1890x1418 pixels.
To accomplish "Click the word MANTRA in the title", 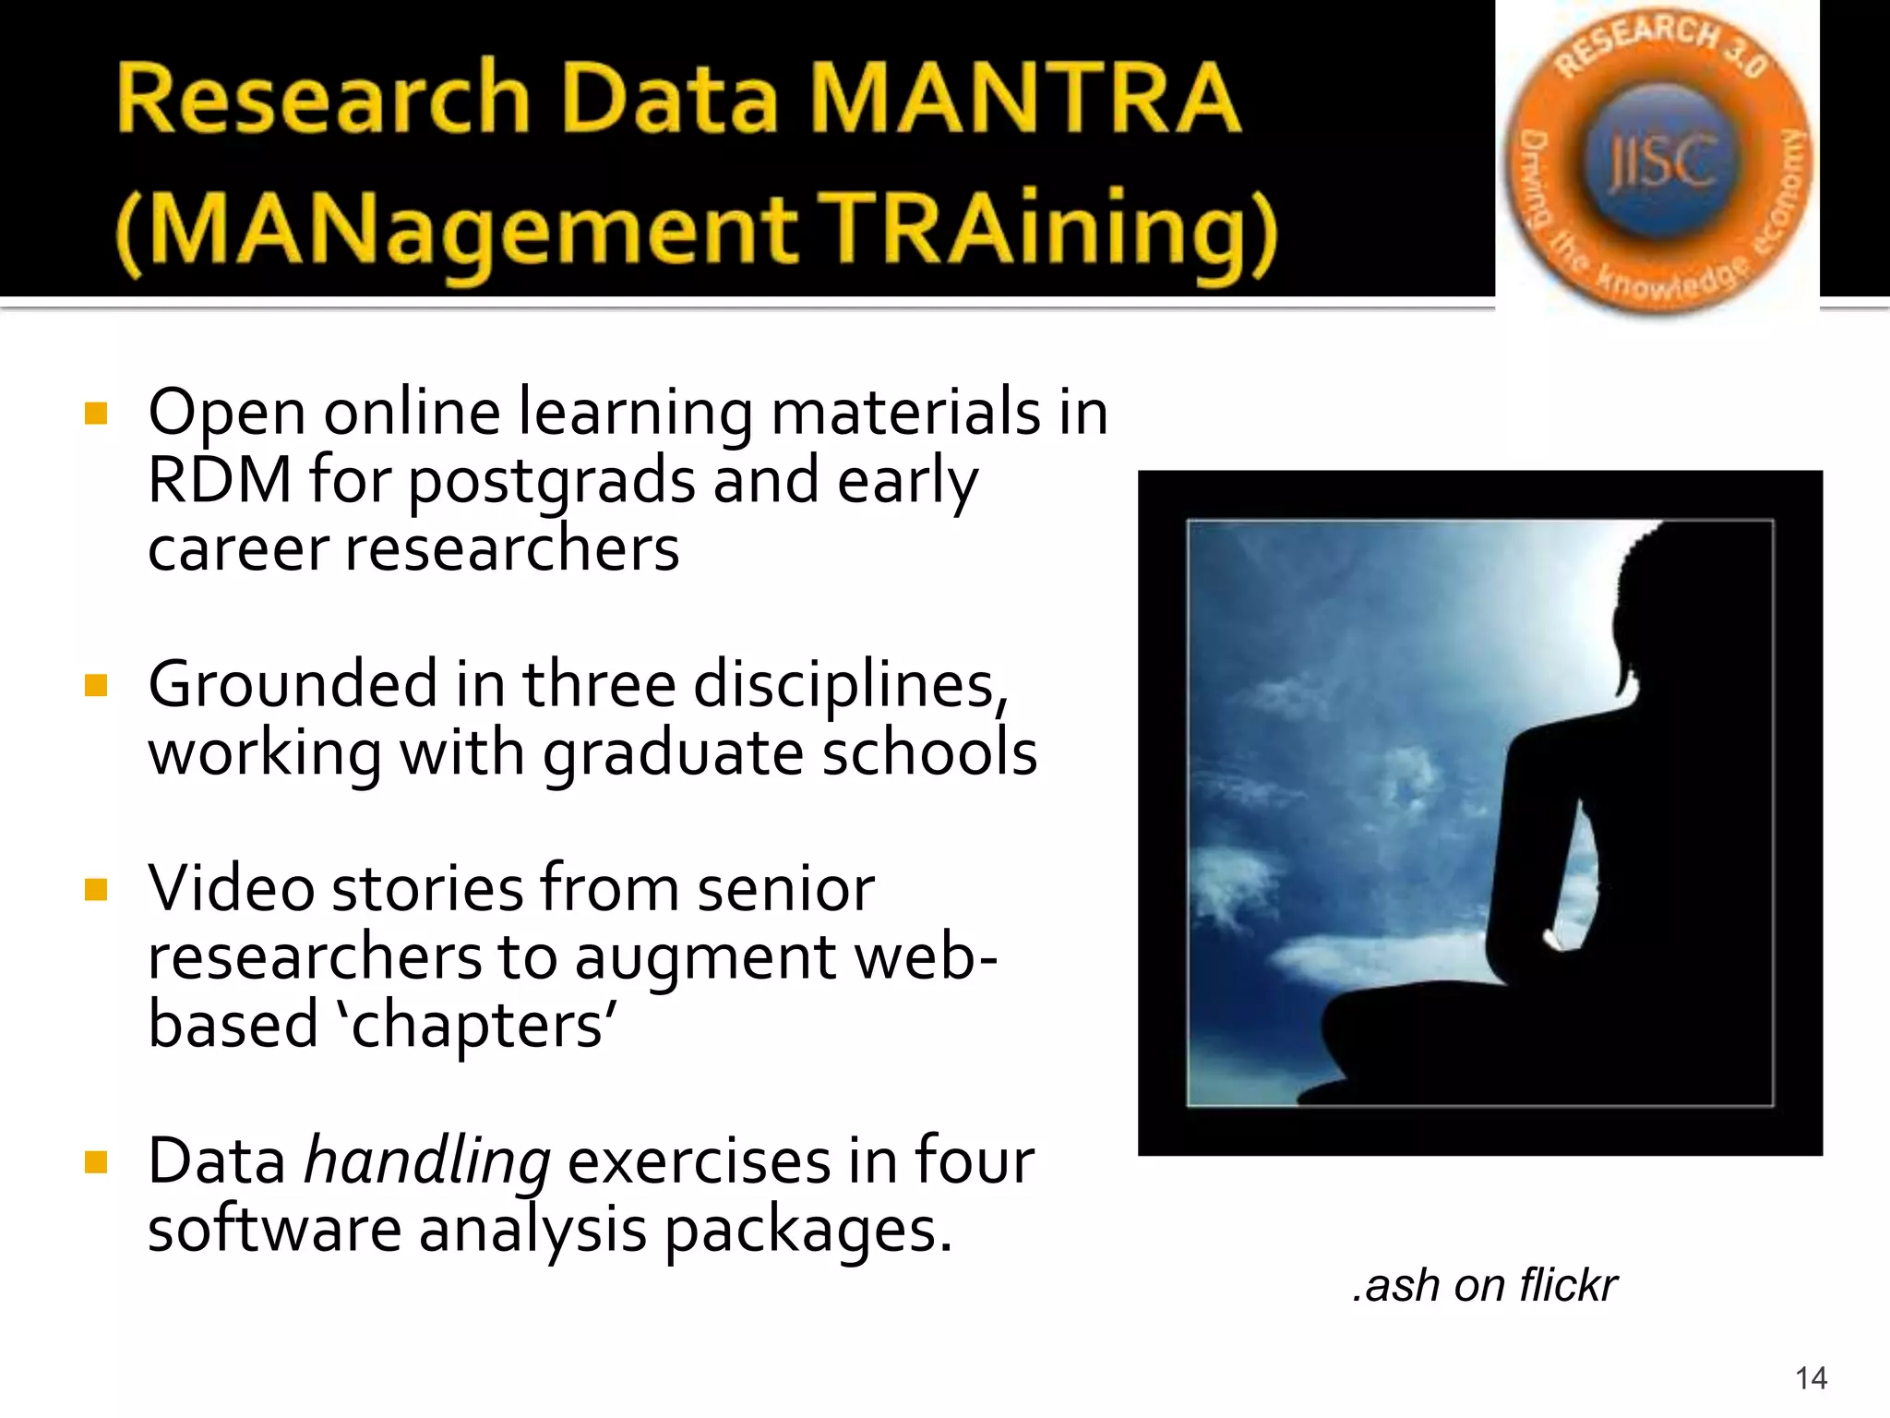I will (1024, 99).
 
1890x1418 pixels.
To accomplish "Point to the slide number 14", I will (1811, 1378).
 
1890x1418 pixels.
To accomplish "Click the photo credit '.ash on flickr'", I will (1484, 1285).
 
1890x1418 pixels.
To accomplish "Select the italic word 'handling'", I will (427, 1162).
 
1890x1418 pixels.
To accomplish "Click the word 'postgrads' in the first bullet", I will (551, 482).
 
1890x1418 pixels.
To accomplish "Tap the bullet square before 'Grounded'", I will (96, 685).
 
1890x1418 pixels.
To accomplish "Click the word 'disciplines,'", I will (850, 686).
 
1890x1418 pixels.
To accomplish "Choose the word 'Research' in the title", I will (323, 99).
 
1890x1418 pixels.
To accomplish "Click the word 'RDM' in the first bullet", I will (220, 480).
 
